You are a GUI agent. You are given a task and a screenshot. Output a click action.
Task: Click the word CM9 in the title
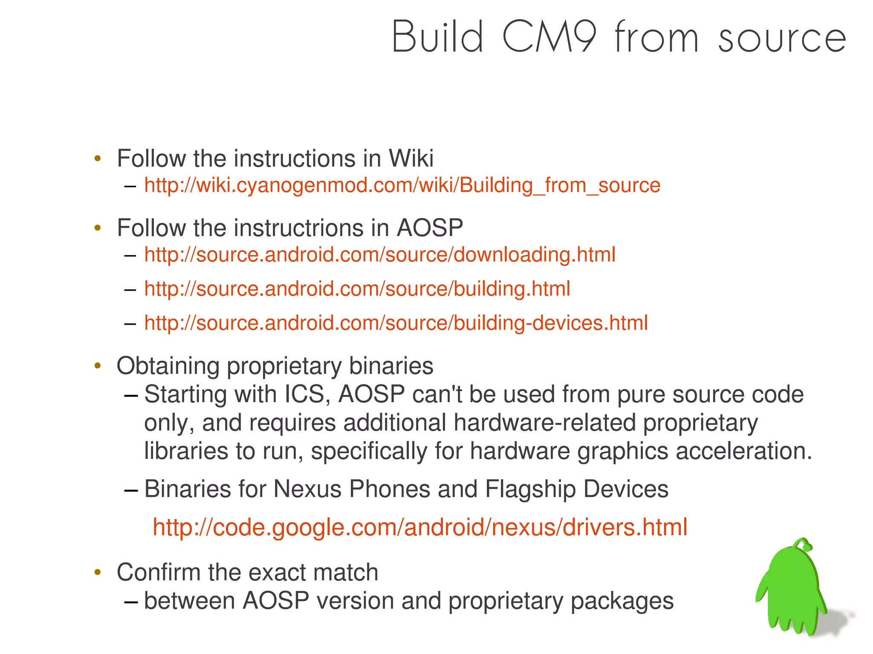click(x=550, y=37)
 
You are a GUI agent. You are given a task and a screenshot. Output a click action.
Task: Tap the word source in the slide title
click(x=782, y=39)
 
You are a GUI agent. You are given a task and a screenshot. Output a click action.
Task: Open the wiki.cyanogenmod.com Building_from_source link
click(x=402, y=185)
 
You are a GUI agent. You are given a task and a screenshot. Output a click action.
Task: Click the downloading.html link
click(x=379, y=255)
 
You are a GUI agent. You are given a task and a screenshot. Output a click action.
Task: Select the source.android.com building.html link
click(x=357, y=289)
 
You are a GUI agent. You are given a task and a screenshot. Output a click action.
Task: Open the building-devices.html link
click(x=396, y=323)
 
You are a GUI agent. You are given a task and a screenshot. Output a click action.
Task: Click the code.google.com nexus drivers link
click(x=420, y=527)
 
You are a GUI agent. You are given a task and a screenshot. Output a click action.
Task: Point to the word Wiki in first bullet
click(x=411, y=158)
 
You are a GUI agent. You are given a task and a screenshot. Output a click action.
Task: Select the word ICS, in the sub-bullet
click(x=307, y=394)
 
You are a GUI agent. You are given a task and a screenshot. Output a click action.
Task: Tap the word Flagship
click(x=530, y=489)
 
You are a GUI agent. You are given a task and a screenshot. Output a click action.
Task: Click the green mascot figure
click(x=792, y=592)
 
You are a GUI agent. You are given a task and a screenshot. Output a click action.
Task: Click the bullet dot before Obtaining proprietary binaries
click(x=98, y=366)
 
